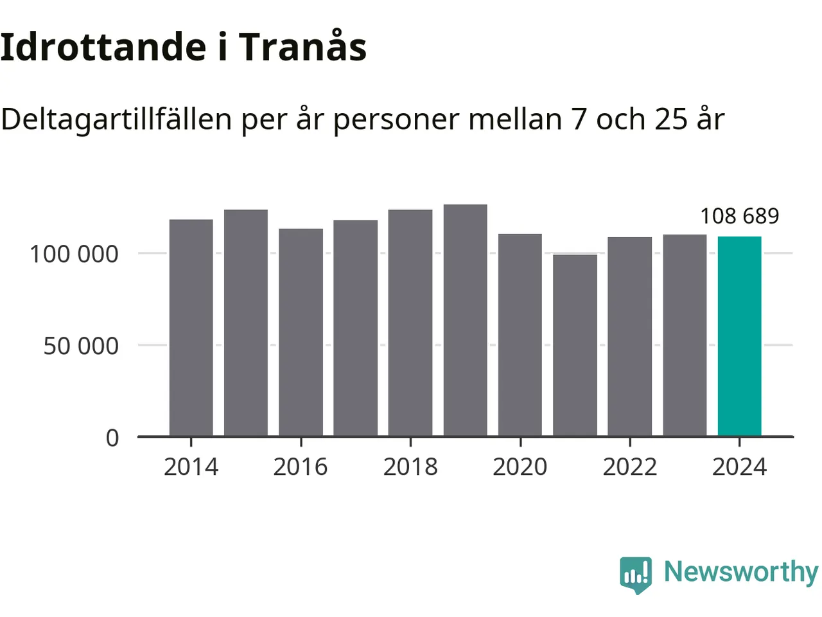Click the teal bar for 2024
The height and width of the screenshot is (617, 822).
(739, 337)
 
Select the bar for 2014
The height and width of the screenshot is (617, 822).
(191, 328)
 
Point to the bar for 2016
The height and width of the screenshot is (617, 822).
(301, 332)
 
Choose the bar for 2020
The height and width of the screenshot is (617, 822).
(520, 335)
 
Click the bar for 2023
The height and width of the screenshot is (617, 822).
(685, 335)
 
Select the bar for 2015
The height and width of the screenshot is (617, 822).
(246, 323)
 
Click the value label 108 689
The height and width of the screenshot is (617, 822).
(739, 216)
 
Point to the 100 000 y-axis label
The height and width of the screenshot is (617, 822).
(74, 254)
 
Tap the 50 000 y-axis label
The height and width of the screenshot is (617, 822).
(81, 346)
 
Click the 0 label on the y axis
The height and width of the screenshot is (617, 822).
(112, 438)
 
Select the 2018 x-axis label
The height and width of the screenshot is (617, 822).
(410, 467)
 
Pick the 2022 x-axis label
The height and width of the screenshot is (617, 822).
(629, 467)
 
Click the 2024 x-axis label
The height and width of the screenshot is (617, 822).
(739, 467)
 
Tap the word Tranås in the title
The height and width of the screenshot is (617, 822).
(302, 46)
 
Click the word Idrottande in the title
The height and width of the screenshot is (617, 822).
(103, 46)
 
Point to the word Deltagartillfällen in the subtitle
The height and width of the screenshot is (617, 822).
(116, 120)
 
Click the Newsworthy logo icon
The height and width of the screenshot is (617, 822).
(636, 574)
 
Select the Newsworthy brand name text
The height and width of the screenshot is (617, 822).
(740, 572)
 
